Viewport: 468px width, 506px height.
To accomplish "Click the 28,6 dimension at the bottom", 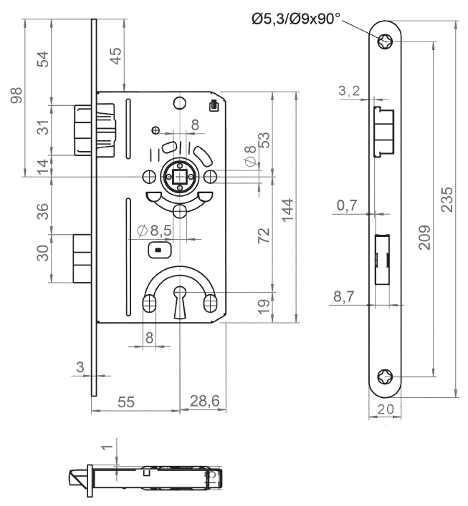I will [204, 402].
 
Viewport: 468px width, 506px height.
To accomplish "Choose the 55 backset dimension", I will [126, 402].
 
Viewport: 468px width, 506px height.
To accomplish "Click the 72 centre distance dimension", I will [264, 235].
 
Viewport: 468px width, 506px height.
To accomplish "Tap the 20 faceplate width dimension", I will [386, 410].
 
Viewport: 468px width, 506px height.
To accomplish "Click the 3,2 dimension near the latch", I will [348, 90].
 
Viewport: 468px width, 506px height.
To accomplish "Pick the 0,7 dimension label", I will [346, 205].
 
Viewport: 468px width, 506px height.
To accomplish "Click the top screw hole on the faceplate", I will [386, 42].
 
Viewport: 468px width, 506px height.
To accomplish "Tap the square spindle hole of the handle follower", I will [179, 176].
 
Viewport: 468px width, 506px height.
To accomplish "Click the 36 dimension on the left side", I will [42, 212].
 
